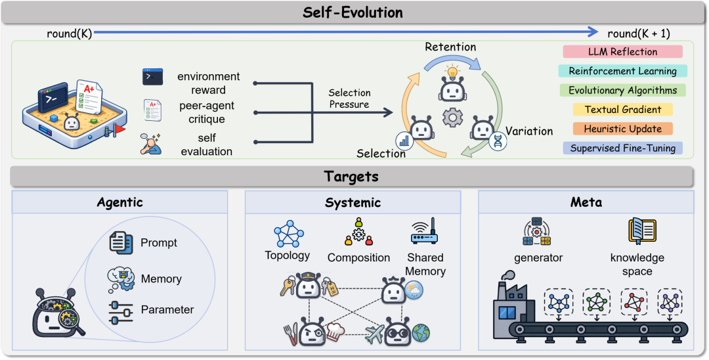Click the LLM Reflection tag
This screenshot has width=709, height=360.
[622, 51]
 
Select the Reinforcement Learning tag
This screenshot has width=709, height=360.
[622, 71]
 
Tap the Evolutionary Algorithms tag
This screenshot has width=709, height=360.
[622, 90]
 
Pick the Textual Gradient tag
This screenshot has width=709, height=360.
[622, 110]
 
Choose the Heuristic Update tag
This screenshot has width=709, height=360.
[622, 129]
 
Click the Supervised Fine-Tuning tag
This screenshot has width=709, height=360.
[622, 148]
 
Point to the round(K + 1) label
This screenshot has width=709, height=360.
[639, 34]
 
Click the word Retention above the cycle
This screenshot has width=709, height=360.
[450, 47]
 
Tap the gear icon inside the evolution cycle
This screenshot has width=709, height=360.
[452, 118]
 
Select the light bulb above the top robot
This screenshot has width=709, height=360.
[452, 72]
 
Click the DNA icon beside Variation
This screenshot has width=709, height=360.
[498, 141]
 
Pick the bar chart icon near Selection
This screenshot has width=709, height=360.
[404, 141]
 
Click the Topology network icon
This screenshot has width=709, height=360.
[289, 234]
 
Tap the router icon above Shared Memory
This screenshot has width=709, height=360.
[425, 231]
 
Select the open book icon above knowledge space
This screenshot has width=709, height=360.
[642, 231]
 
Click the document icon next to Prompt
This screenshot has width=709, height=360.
[121, 242]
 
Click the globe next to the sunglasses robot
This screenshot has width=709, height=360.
[421, 333]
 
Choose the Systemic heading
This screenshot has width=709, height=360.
[353, 202]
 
